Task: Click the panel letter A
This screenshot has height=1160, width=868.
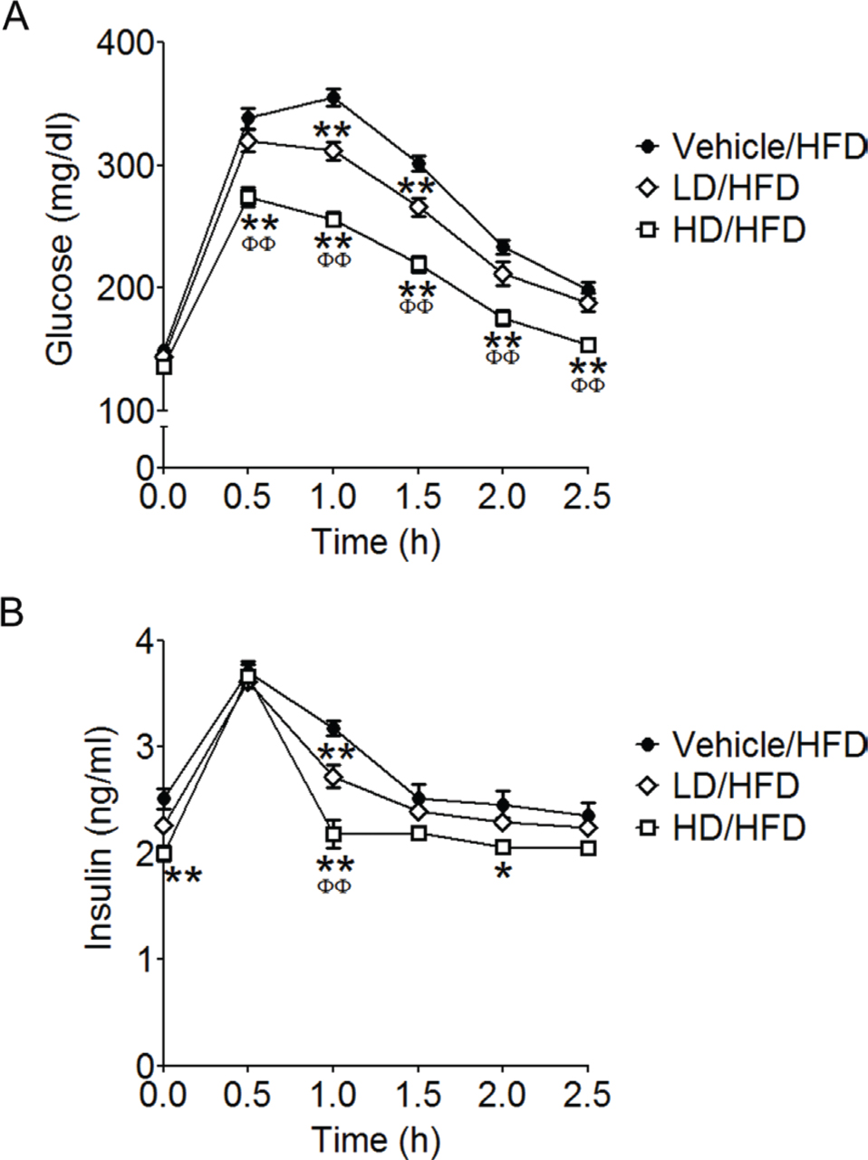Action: pos(15,17)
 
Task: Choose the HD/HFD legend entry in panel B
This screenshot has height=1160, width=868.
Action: pos(738,826)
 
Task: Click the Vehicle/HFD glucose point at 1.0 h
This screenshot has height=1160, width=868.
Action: pos(333,98)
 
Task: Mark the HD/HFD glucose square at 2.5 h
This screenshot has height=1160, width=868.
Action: pos(588,345)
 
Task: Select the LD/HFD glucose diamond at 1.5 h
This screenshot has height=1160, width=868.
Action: pos(419,208)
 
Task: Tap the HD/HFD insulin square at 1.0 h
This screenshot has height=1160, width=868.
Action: pos(333,833)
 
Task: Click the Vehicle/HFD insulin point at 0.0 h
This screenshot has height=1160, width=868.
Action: pos(164,798)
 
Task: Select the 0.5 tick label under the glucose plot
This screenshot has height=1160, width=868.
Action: pos(248,498)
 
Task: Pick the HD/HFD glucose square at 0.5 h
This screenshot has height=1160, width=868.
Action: pos(248,198)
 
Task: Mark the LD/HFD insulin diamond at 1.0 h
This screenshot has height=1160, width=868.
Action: pos(333,777)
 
